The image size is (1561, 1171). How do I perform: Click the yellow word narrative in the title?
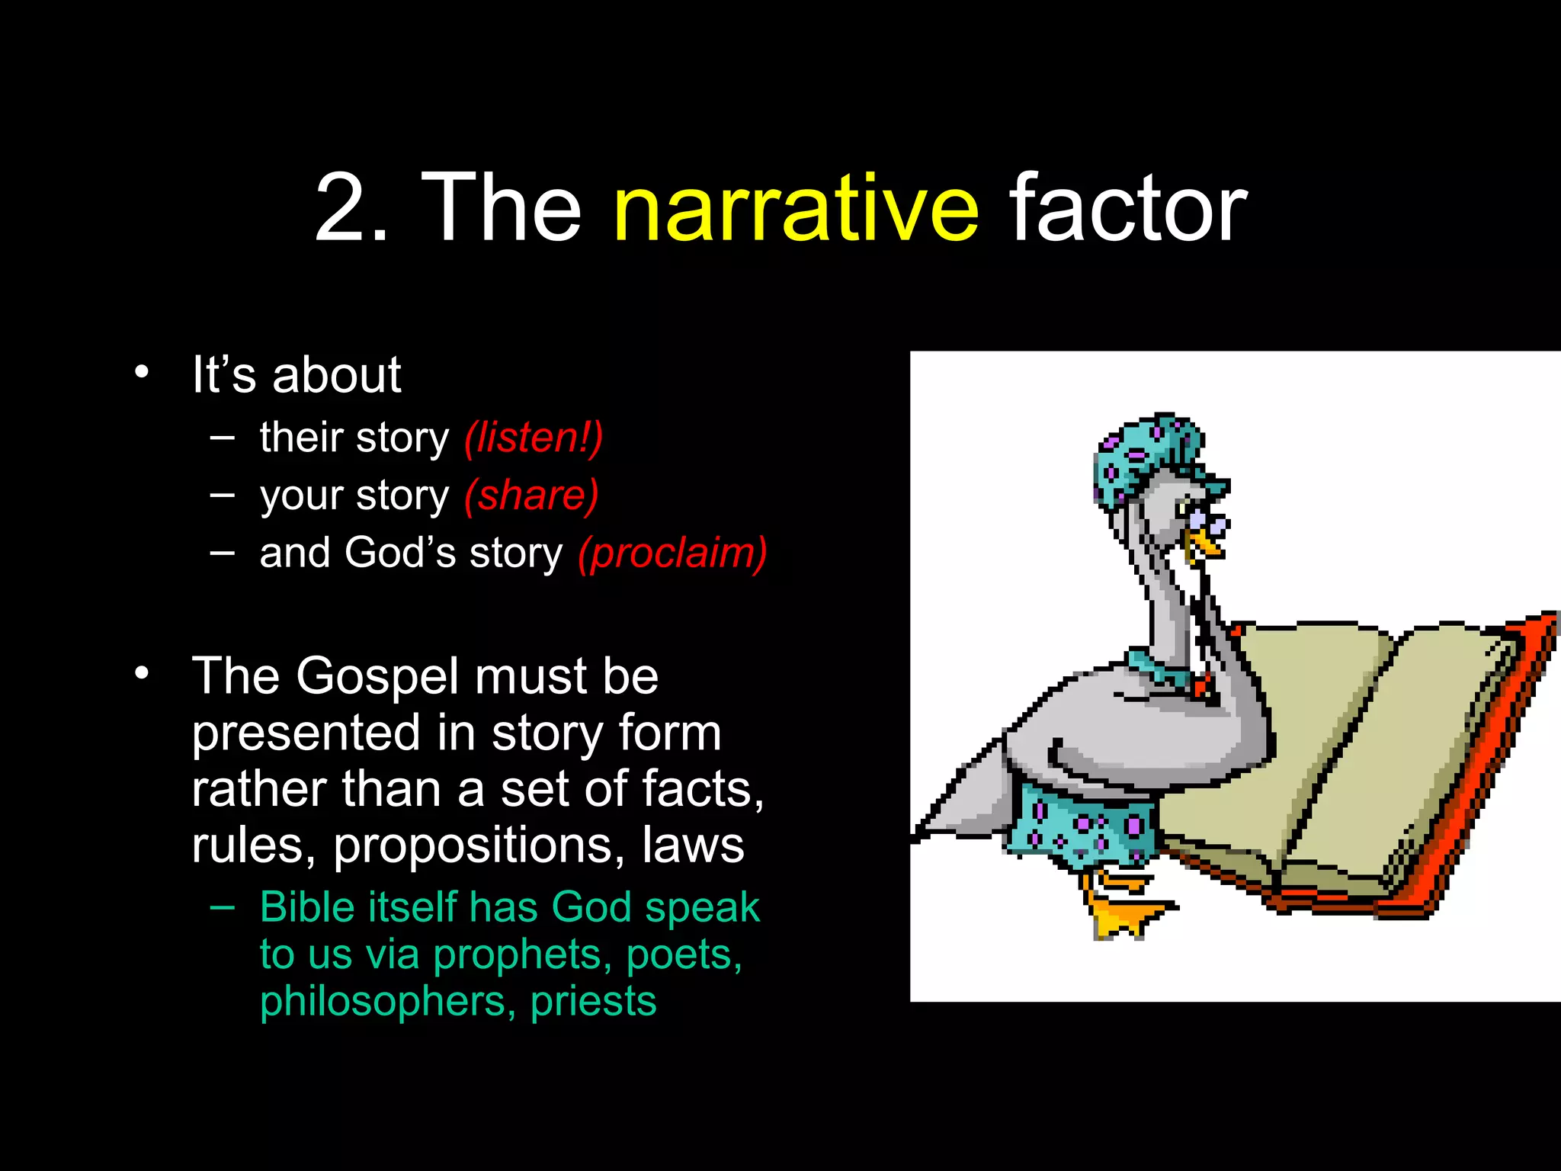pyautogui.click(x=796, y=209)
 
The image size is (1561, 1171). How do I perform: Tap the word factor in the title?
pyautogui.click(x=1128, y=207)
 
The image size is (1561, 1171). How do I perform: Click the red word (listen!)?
pyautogui.click(x=534, y=438)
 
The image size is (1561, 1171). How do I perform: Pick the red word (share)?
pyautogui.click(x=531, y=496)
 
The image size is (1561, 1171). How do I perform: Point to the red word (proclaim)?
pyautogui.click(x=672, y=553)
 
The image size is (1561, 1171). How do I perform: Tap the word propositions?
pyautogui.click(x=479, y=845)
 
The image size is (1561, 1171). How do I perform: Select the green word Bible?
pyautogui.click(x=307, y=907)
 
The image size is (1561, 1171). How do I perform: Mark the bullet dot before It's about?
pyautogui.click(x=142, y=373)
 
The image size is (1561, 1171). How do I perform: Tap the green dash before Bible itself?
pyautogui.click(x=223, y=906)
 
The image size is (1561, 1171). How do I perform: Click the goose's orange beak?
pyautogui.click(x=1204, y=543)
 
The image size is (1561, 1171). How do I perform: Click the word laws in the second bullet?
pyautogui.click(x=693, y=845)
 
